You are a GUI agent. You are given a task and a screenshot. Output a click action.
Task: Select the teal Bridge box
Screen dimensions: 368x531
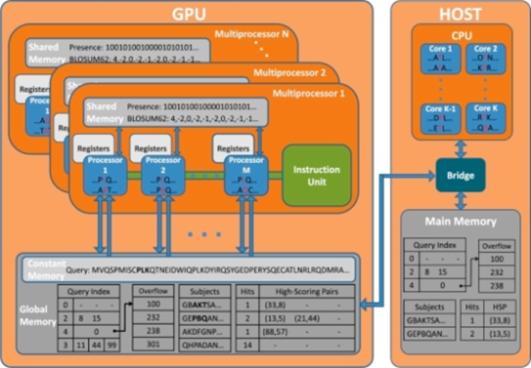click(460, 175)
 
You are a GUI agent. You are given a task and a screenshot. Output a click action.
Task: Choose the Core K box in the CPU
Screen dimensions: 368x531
click(486, 119)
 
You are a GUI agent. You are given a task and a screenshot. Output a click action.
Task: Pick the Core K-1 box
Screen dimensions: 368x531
click(436, 119)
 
